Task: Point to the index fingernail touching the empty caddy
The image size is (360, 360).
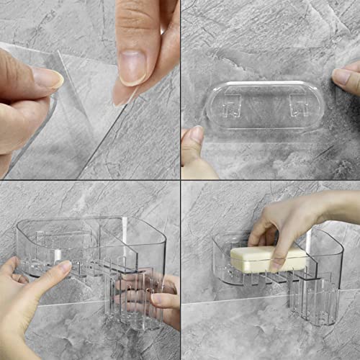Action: pos(63,267)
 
